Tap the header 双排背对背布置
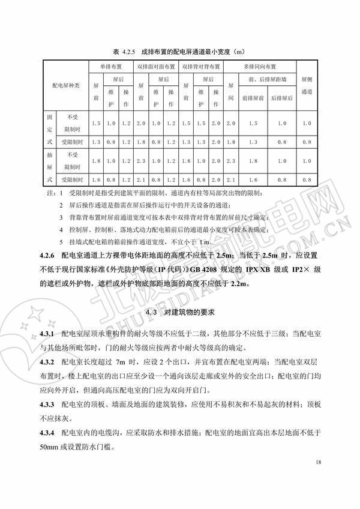point(201,66)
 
